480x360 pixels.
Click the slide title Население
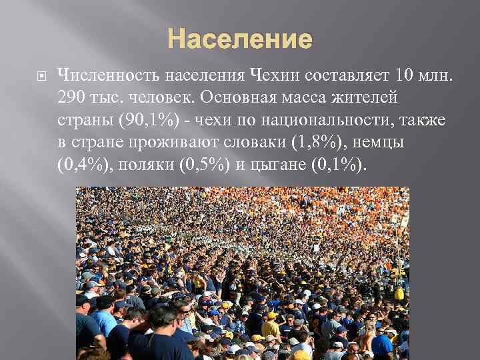pos(240,40)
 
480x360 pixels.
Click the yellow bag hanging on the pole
pos(399,293)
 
